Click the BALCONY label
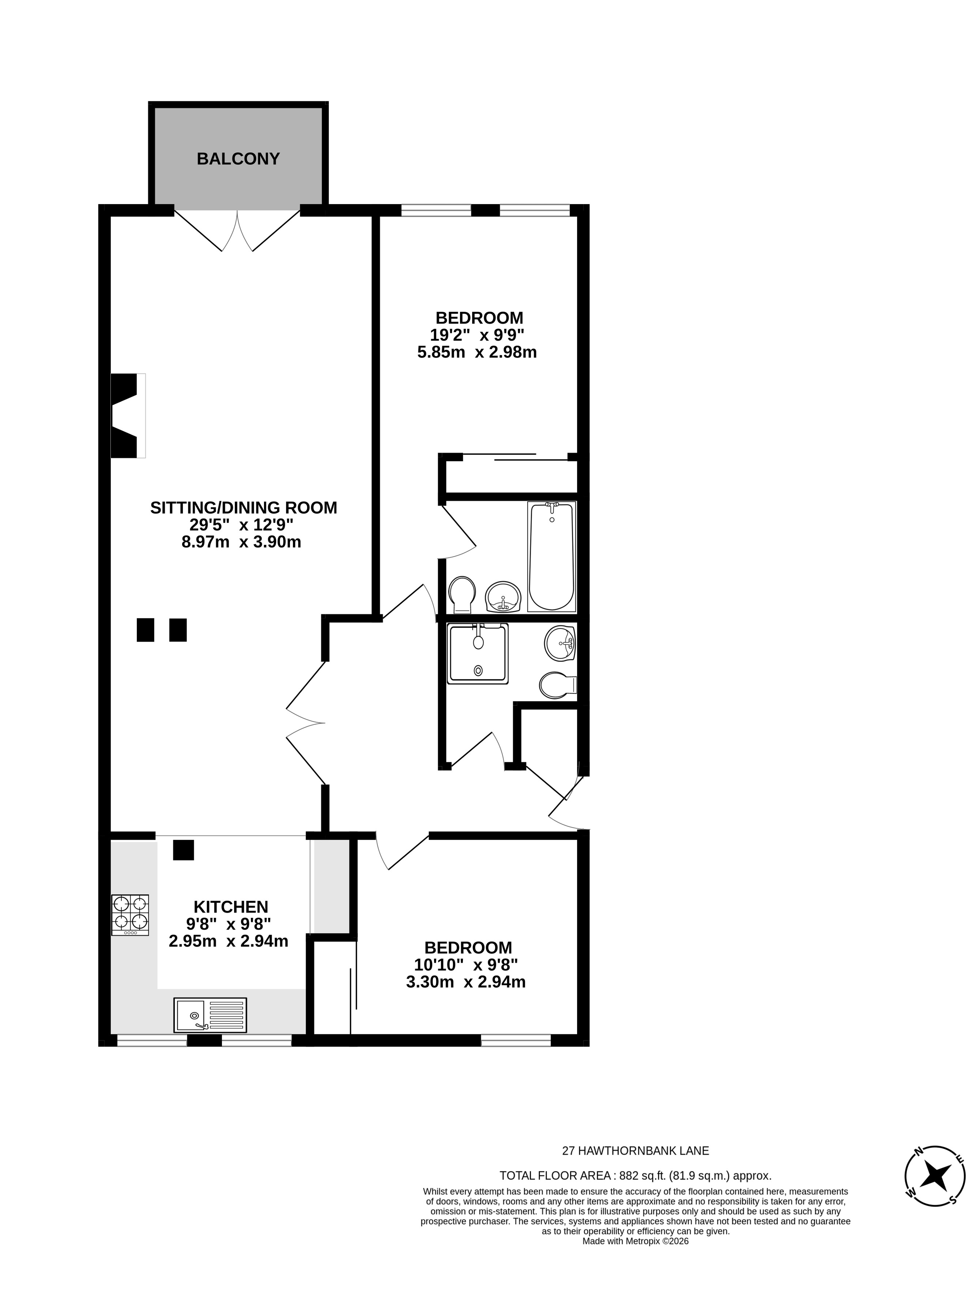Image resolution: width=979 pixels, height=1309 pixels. click(238, 159)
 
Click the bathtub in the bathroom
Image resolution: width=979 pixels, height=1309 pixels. click(551, 556)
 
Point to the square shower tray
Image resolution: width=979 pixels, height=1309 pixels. click(477, 654)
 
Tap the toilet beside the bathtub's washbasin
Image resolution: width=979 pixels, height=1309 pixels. click(462, 595)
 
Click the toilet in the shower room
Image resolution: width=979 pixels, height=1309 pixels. click(558, 684)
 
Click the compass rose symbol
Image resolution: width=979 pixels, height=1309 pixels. click(935, 1175)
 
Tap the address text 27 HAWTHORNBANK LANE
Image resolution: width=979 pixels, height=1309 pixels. click(635, 1151)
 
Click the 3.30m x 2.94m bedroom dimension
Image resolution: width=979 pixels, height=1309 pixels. click(466, 982)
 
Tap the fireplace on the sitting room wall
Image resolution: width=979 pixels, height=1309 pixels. click(128, 416)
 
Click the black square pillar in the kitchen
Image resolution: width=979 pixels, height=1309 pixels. click(183, 850)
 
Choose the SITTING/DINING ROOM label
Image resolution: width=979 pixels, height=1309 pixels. click(244, 508)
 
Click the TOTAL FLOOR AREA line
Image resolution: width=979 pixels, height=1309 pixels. click(635, 1176)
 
